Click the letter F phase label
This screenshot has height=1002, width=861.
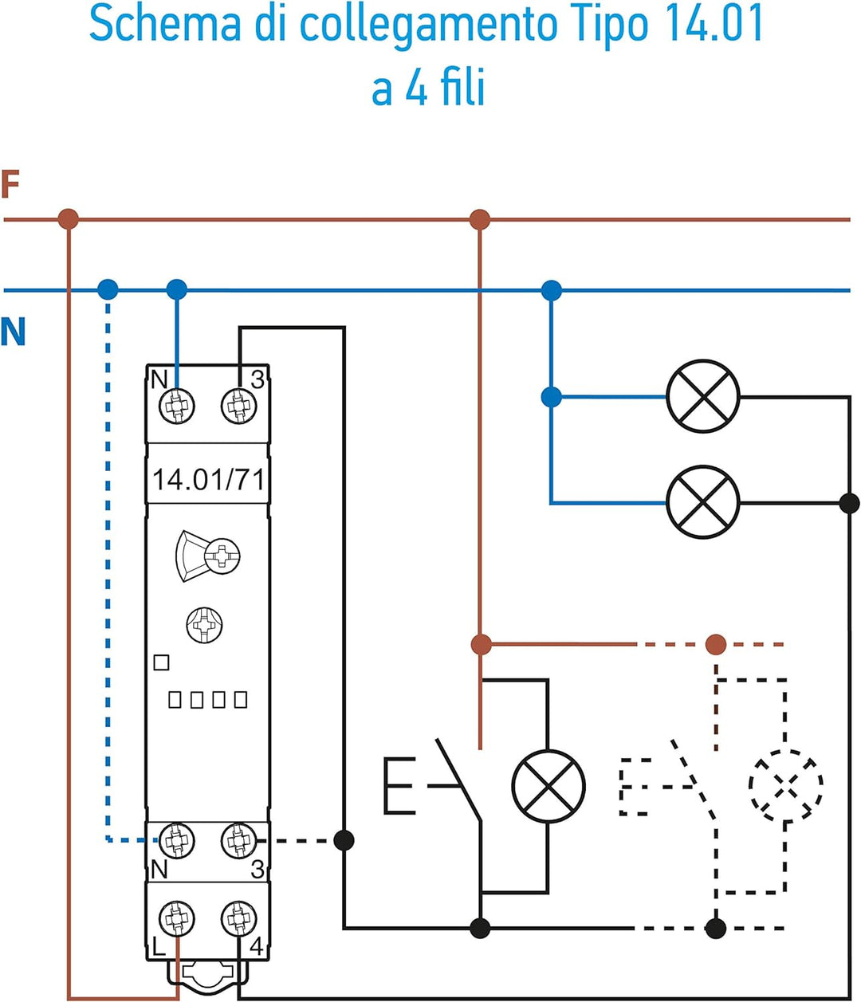[10, 184]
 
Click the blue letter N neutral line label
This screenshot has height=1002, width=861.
[13, 331]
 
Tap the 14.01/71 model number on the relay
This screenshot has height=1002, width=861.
[208, 480]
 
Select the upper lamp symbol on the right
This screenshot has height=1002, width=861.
[703, 396]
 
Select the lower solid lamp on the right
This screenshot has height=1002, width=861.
[703, 502]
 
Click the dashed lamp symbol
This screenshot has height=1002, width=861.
[785, 784]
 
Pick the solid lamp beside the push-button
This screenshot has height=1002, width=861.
[548, 786]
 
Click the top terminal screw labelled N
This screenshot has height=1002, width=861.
[176, 407]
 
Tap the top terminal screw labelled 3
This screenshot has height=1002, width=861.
[238, 407]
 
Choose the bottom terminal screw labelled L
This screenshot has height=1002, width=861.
[176, 918]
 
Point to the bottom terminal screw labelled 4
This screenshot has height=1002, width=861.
[238, 918]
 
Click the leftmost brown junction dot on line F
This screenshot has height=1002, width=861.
[69, 218]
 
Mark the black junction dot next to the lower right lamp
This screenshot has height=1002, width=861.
[850, 503]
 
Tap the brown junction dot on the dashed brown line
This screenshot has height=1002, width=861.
[716, 644]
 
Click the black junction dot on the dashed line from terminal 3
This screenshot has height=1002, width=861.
[344, 840]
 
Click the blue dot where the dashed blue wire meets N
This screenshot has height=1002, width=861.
[108, 289]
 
